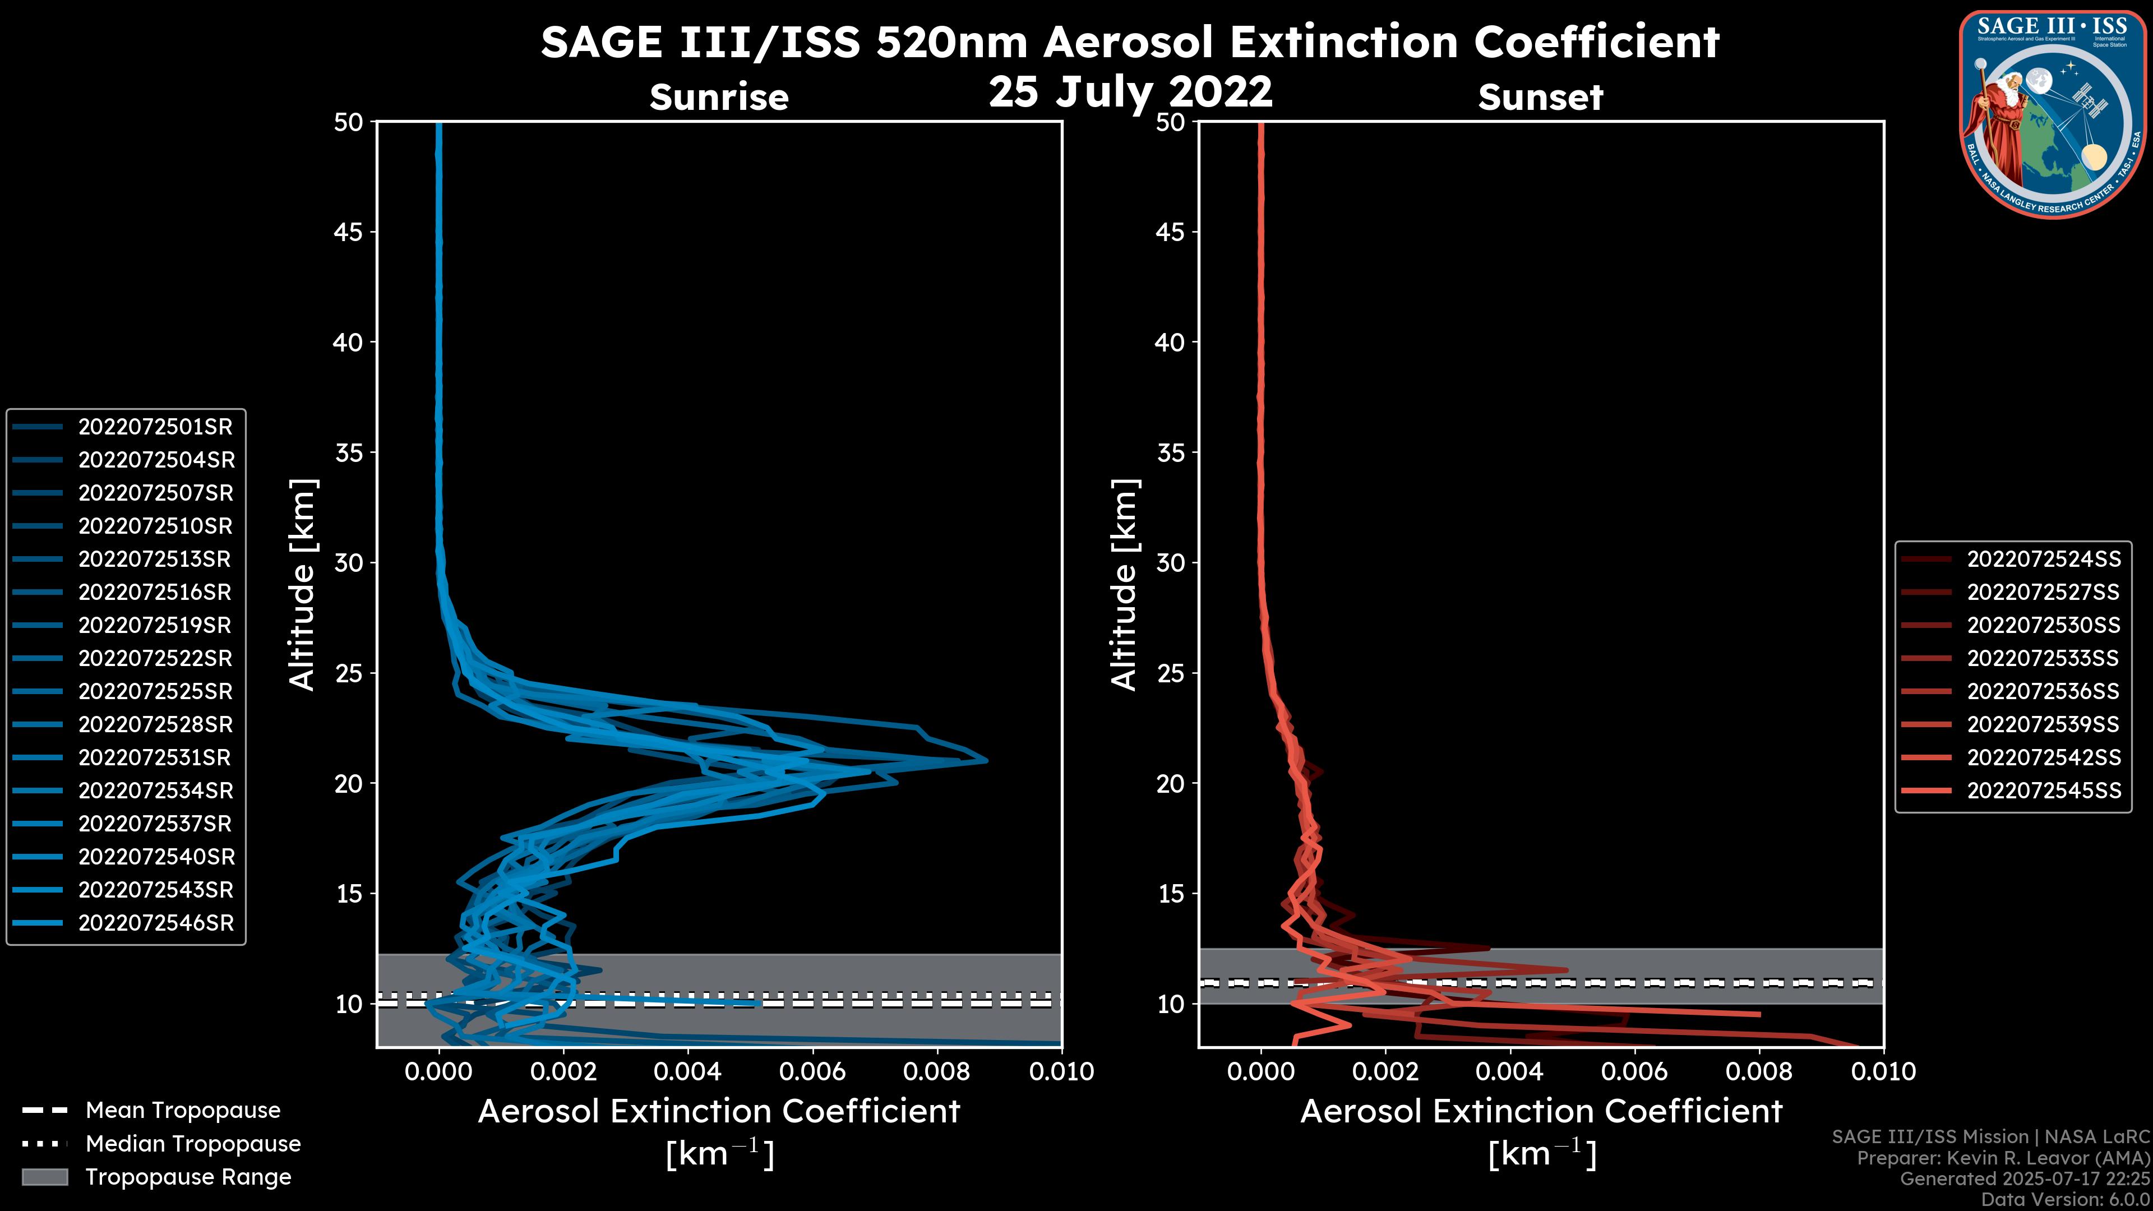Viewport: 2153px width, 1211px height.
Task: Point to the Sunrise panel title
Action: pyautogui.click(x=719, y=97)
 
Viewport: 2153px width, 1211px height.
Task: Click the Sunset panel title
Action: pyautogui.click(x=1540, y=97)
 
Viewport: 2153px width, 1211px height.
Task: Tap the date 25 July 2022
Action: pyautogui.click(x=1130, y=91)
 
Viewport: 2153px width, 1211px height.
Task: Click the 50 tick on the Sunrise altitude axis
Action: pyautogui.click(x=349, y=122)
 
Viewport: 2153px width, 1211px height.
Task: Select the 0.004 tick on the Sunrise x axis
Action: pyautogui.click(x=687, y=1071)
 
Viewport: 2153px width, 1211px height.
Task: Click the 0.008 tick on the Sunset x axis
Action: pyautogui.click(x=1759, y=1071)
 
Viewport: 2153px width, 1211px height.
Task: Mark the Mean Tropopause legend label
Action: pyautogui.click(x=182, y=1111)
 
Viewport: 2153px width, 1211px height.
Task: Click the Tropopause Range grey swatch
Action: pyautogui.click(x=44, y=1177)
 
